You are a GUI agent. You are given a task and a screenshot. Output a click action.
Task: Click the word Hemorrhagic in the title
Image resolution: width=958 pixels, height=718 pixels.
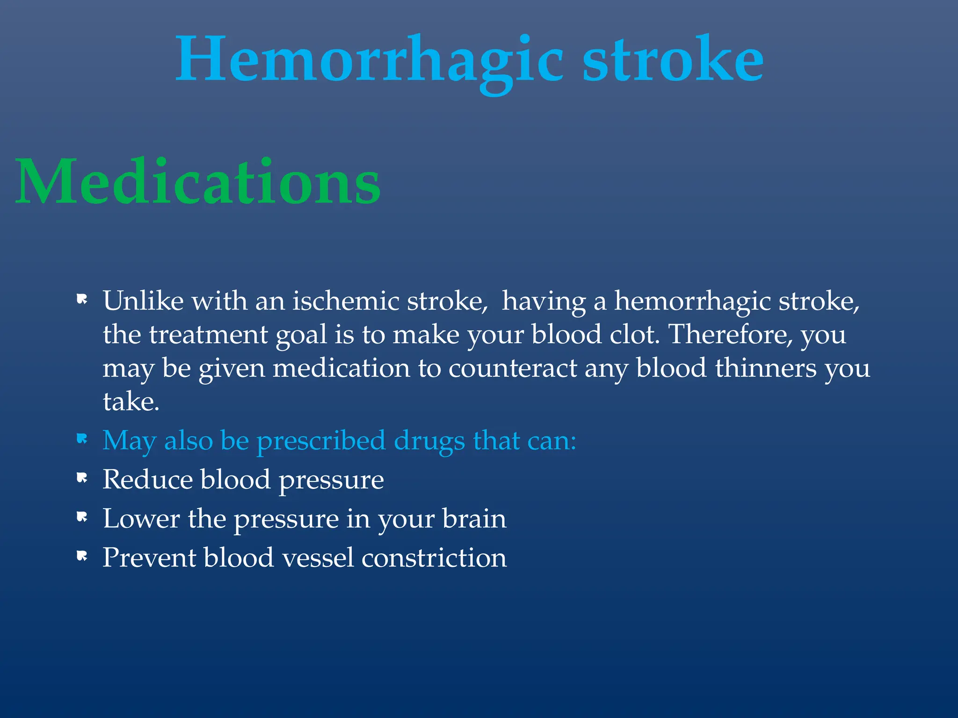tap(370, 61)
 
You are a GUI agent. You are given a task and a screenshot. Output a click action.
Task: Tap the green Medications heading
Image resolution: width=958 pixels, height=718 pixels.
tap(198, 182)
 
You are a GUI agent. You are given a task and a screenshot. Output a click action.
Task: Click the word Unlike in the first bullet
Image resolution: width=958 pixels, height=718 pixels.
tap(143, 301)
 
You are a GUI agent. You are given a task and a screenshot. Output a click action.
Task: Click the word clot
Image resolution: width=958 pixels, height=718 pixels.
tap(634, 335)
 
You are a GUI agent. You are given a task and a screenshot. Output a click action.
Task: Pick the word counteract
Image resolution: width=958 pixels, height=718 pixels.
tap(513, 368)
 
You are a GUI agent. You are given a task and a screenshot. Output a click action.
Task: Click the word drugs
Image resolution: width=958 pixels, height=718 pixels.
tap(429, 441)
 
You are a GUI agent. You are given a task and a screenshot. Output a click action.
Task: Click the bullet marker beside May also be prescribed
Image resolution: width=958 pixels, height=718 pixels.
tap(82, 439)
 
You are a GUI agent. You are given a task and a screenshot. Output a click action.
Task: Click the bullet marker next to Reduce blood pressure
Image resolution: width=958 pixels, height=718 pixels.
tap(82, 478)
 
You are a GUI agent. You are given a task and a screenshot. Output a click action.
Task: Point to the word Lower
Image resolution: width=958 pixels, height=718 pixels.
tap(141, 519)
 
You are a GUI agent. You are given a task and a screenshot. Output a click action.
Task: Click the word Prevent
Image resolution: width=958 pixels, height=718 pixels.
tap(149, 558)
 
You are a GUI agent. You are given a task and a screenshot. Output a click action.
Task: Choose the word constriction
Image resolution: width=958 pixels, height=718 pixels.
tap(434, 558)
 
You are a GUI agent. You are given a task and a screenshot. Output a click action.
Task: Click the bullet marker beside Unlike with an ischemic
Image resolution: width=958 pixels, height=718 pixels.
tap(82, 299)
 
